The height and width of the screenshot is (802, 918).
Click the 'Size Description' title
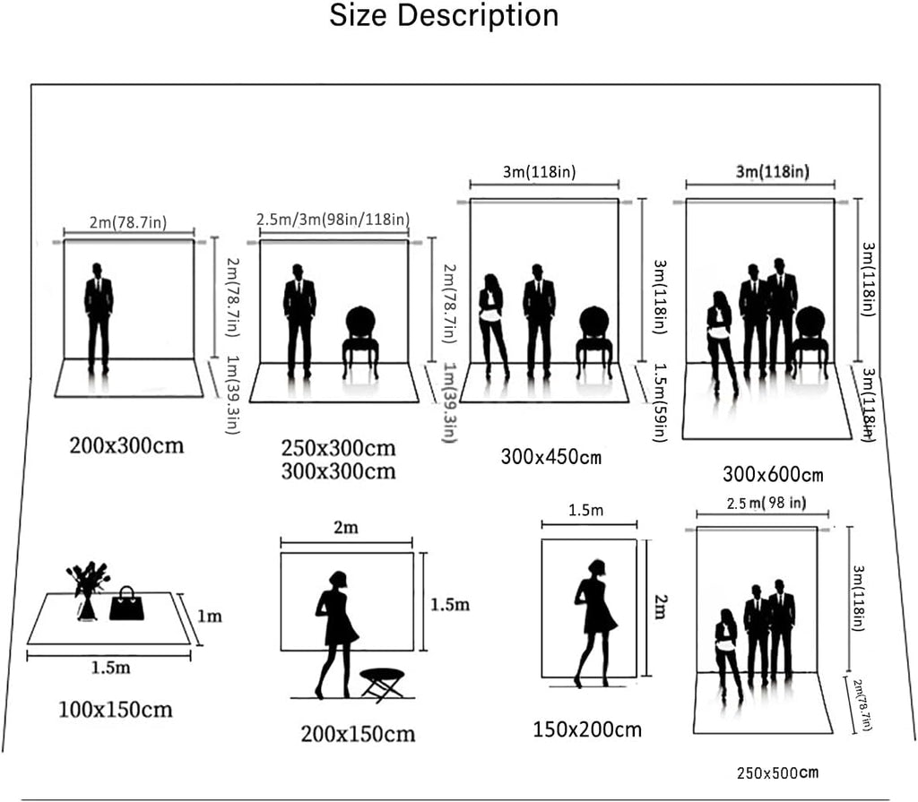click(x=444, y=16)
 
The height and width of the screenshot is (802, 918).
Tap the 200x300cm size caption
click(x=126, y=446)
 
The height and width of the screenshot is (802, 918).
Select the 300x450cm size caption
click(x=551, y=457)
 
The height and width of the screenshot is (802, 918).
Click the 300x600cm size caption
click(x=773, y=474)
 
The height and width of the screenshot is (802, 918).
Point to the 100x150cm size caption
click(x=116, y=710)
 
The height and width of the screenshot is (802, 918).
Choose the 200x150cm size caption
click(x=358, y=734)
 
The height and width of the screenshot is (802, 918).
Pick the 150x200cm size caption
click(x=587, y=729)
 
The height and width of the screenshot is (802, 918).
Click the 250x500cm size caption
click(x=777, y=773)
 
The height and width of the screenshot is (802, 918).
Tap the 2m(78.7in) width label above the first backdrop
click(x=128, y=222)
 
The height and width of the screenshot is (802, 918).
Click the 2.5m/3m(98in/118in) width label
click(x=333, y=220)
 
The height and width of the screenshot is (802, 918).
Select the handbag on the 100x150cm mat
click(x=126, y=603)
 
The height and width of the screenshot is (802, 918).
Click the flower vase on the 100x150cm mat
click(x=88, y=591)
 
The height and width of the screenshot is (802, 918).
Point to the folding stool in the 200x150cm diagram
click(x=382, y=685)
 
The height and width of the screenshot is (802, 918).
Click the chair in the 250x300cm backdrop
click(x=360, y=342)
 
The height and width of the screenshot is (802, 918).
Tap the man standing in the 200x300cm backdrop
click(x=99, y=318)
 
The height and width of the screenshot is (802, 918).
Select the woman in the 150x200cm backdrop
click(x=595, y=623)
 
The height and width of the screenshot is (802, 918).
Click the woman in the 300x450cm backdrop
click(x=494, y=325)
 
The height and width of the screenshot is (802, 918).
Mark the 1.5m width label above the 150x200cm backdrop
click(x=585, y=511)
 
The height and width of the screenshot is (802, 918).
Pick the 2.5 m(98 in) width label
click(x=766, y=504)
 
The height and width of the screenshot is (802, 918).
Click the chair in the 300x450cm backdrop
click(x=594, y=342)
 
